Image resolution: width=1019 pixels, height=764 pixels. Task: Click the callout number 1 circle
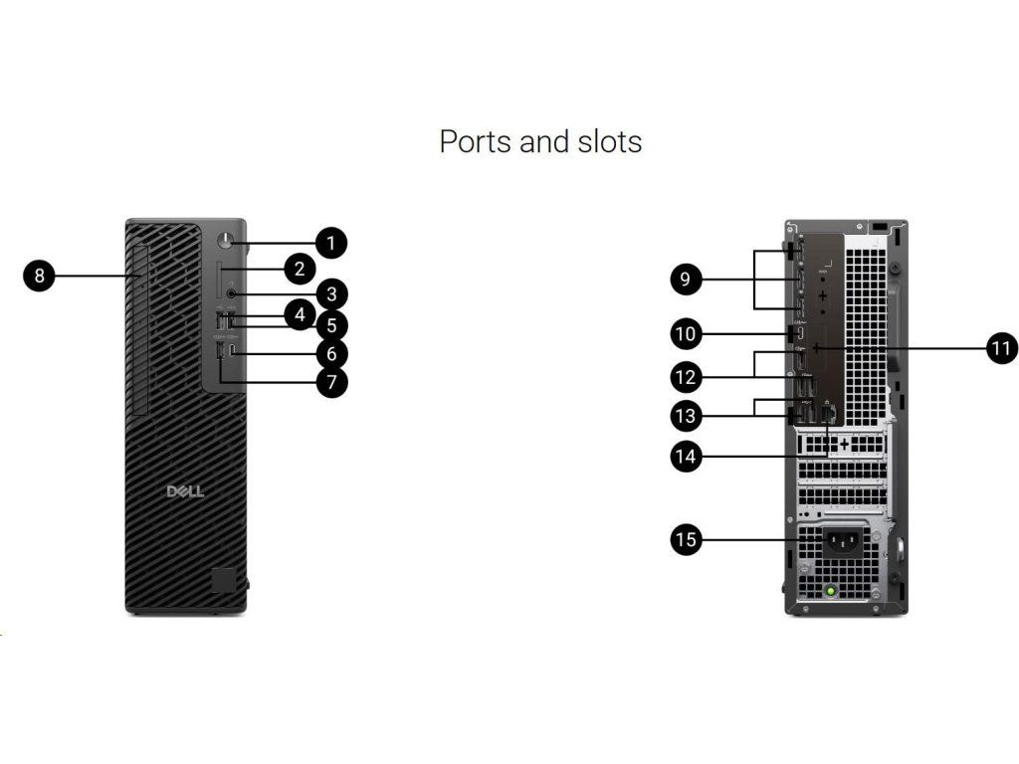(331, 241)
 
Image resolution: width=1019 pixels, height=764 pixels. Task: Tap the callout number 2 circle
(299, 268)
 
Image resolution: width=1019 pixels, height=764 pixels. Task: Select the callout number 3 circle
(331, 293)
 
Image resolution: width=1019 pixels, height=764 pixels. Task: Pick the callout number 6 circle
(331, 352)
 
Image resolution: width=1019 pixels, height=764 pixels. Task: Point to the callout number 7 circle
(331, 381)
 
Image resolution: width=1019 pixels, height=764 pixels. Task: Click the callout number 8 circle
(39, 276)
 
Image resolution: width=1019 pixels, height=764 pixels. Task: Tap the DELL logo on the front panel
(185, 491)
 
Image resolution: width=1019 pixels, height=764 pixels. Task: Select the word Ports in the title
(476, 141)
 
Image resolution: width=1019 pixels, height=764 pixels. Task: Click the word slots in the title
(609, 141)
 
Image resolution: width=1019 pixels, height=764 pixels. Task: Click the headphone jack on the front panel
(232, 293)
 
